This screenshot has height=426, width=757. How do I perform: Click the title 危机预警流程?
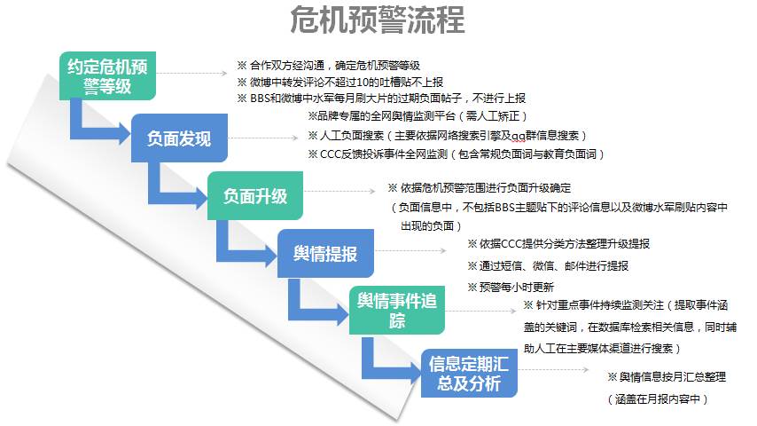click(x=378, y=20)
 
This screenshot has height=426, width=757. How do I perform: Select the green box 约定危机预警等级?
click(x=107, y=76)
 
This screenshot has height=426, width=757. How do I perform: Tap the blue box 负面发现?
click(x=179, y=138)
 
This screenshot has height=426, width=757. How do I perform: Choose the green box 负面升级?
click(x=255, y=196)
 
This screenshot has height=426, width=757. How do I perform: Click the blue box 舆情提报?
click(x=325, y=253)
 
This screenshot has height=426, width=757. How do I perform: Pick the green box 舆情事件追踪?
click(x=397, y=310)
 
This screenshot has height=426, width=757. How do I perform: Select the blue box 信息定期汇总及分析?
click(x=469, y=374)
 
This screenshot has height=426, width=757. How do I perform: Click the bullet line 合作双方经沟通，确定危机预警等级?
click(x=328, y=66)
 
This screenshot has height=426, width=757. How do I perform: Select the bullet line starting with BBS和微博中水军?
click(x=381, y=99)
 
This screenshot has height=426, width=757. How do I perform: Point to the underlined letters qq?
click(x=518, y=136)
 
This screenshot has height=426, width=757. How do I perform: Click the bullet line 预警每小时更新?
click(x=511, y=288)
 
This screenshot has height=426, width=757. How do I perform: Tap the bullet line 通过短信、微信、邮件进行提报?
click(x=548, y=266)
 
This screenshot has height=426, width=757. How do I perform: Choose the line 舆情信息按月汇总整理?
click(x=667, y=376)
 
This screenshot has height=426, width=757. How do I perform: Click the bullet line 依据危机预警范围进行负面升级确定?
click(x=480, y=188)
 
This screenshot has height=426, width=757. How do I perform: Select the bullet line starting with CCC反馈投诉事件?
click(x=456, y=154)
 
